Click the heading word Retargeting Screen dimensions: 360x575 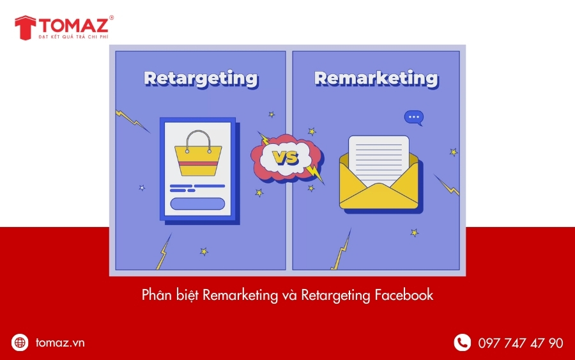point(201,78)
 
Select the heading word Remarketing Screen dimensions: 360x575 point(376,78)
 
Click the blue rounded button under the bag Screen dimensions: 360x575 point(197,204)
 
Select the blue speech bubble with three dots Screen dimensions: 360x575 point(413,118)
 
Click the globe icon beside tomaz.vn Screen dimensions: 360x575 point(20,343)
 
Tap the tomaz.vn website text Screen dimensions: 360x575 point(60,343)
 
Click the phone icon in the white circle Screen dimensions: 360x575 point(462,343)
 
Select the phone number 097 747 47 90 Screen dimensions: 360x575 point(521,343)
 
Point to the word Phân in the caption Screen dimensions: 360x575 point(155,295)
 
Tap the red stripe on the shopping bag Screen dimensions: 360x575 point(198,164)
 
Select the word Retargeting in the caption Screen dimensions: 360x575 point(336,295)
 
